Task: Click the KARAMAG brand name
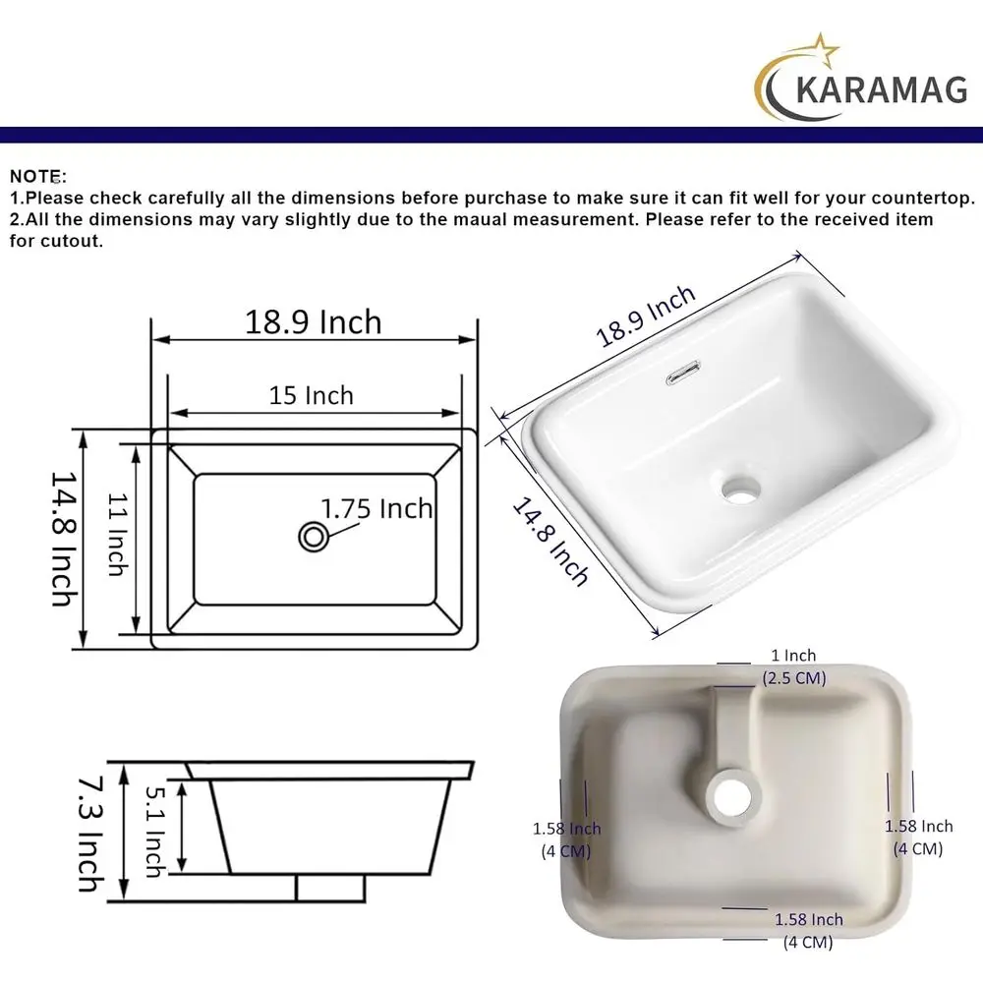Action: pos(881,88)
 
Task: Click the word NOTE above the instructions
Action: pos(35,176)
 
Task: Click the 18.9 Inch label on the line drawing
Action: pos(313,322)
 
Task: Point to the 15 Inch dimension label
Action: pos(312,395)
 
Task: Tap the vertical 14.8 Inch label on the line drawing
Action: pos(65,539)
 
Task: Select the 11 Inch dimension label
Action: pos(118,535)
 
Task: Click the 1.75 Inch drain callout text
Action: pos(376,508)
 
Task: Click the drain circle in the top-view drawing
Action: pos(314,538)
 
